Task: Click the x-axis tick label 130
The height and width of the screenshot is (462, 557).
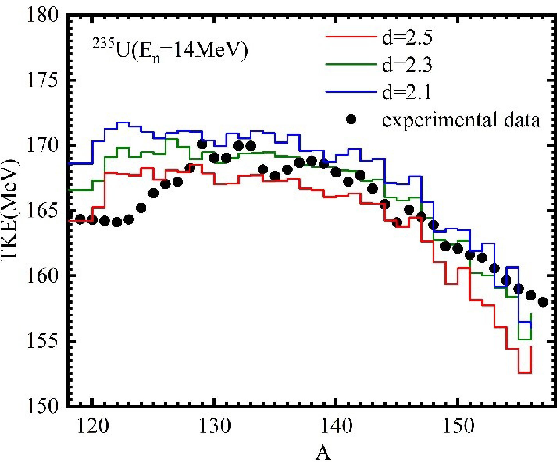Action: click(214, 426)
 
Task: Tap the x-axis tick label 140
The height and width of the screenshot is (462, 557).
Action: click(336, 426)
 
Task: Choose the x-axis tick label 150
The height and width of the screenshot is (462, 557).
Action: click(458, 426)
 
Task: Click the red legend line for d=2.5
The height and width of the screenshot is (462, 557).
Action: click(351, 37)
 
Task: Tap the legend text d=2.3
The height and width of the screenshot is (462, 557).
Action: click(407, 65)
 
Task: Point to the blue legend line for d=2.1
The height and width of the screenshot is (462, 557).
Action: click(351, 92)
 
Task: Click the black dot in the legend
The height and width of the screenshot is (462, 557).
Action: click(351, 119)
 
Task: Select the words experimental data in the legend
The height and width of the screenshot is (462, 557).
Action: click(461, 120)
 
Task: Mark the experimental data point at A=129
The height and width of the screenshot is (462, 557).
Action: click(202, 144)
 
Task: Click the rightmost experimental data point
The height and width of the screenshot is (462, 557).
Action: click(543, 302)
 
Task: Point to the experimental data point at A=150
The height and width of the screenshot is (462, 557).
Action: click(458, 249)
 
